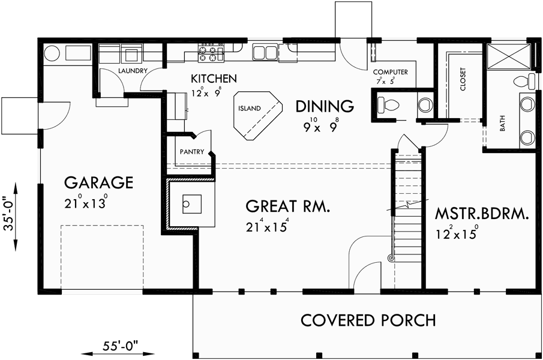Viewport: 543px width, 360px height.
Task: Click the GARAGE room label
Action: pyautogui.click(x=98, y=182)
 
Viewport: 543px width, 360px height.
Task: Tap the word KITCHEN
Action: pyautogui.click(x=214, y=79)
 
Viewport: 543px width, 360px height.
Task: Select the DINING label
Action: pyautogui.click(x=324, y=106)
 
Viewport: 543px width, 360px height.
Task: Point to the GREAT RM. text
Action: pyautogui.click(x=287, y=206)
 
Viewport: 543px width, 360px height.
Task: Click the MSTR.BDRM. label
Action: pyautogui.click(x=482, y=214)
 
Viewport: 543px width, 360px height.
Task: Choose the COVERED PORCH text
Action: pyautogui.click(x=368, y=320)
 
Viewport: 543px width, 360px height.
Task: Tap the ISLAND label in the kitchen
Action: pyautogui.click(x=249, y=109)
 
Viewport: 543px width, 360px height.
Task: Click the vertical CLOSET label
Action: pyautogui.click(x=463, y=79)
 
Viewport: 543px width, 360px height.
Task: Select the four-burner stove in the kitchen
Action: pyautogui.click(x=211, y=53)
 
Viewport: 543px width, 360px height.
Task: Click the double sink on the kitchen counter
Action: pyautogui.click(x=265, y=53)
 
